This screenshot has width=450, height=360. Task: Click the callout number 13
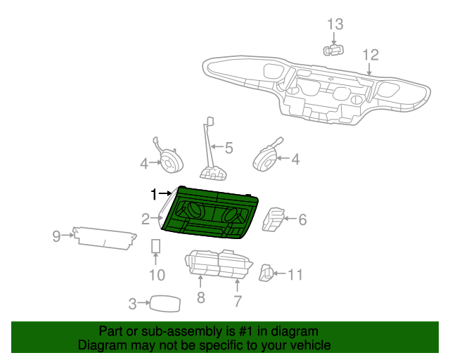click(335, 25)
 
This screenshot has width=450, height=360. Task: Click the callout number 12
click(370, 55)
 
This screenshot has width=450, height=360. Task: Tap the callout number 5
click(229, 148)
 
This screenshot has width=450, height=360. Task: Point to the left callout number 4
click(143, 164)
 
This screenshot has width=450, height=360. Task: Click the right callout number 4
click(295, 160)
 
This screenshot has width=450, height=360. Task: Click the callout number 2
click(145, 219)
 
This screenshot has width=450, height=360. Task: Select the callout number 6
click(302, 220)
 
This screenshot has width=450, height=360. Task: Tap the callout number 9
click(57, 236)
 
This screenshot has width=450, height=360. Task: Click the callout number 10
click(156, 275)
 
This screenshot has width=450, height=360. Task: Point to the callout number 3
click(132, 304)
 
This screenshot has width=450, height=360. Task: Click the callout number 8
click(200, 298)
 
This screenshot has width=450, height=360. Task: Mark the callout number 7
click(238, 302)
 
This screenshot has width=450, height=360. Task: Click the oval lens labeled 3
click(165, 303)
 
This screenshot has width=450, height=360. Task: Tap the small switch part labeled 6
click(273, 219)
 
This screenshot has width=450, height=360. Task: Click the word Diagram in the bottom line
click(99, 345)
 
